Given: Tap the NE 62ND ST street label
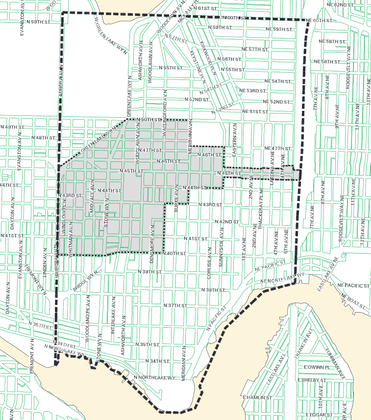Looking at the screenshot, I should (340, 4).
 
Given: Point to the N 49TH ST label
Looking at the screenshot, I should (12, 127).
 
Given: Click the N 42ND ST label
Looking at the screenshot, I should (227, 222).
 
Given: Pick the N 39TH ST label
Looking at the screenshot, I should (149, 271).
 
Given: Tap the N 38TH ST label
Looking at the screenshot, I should (213, 290).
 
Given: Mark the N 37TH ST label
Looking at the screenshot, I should (175, 305).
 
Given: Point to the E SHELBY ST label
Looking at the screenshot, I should (312, 380).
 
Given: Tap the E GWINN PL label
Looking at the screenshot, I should (315, 367).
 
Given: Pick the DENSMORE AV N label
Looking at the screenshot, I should (152, 237).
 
